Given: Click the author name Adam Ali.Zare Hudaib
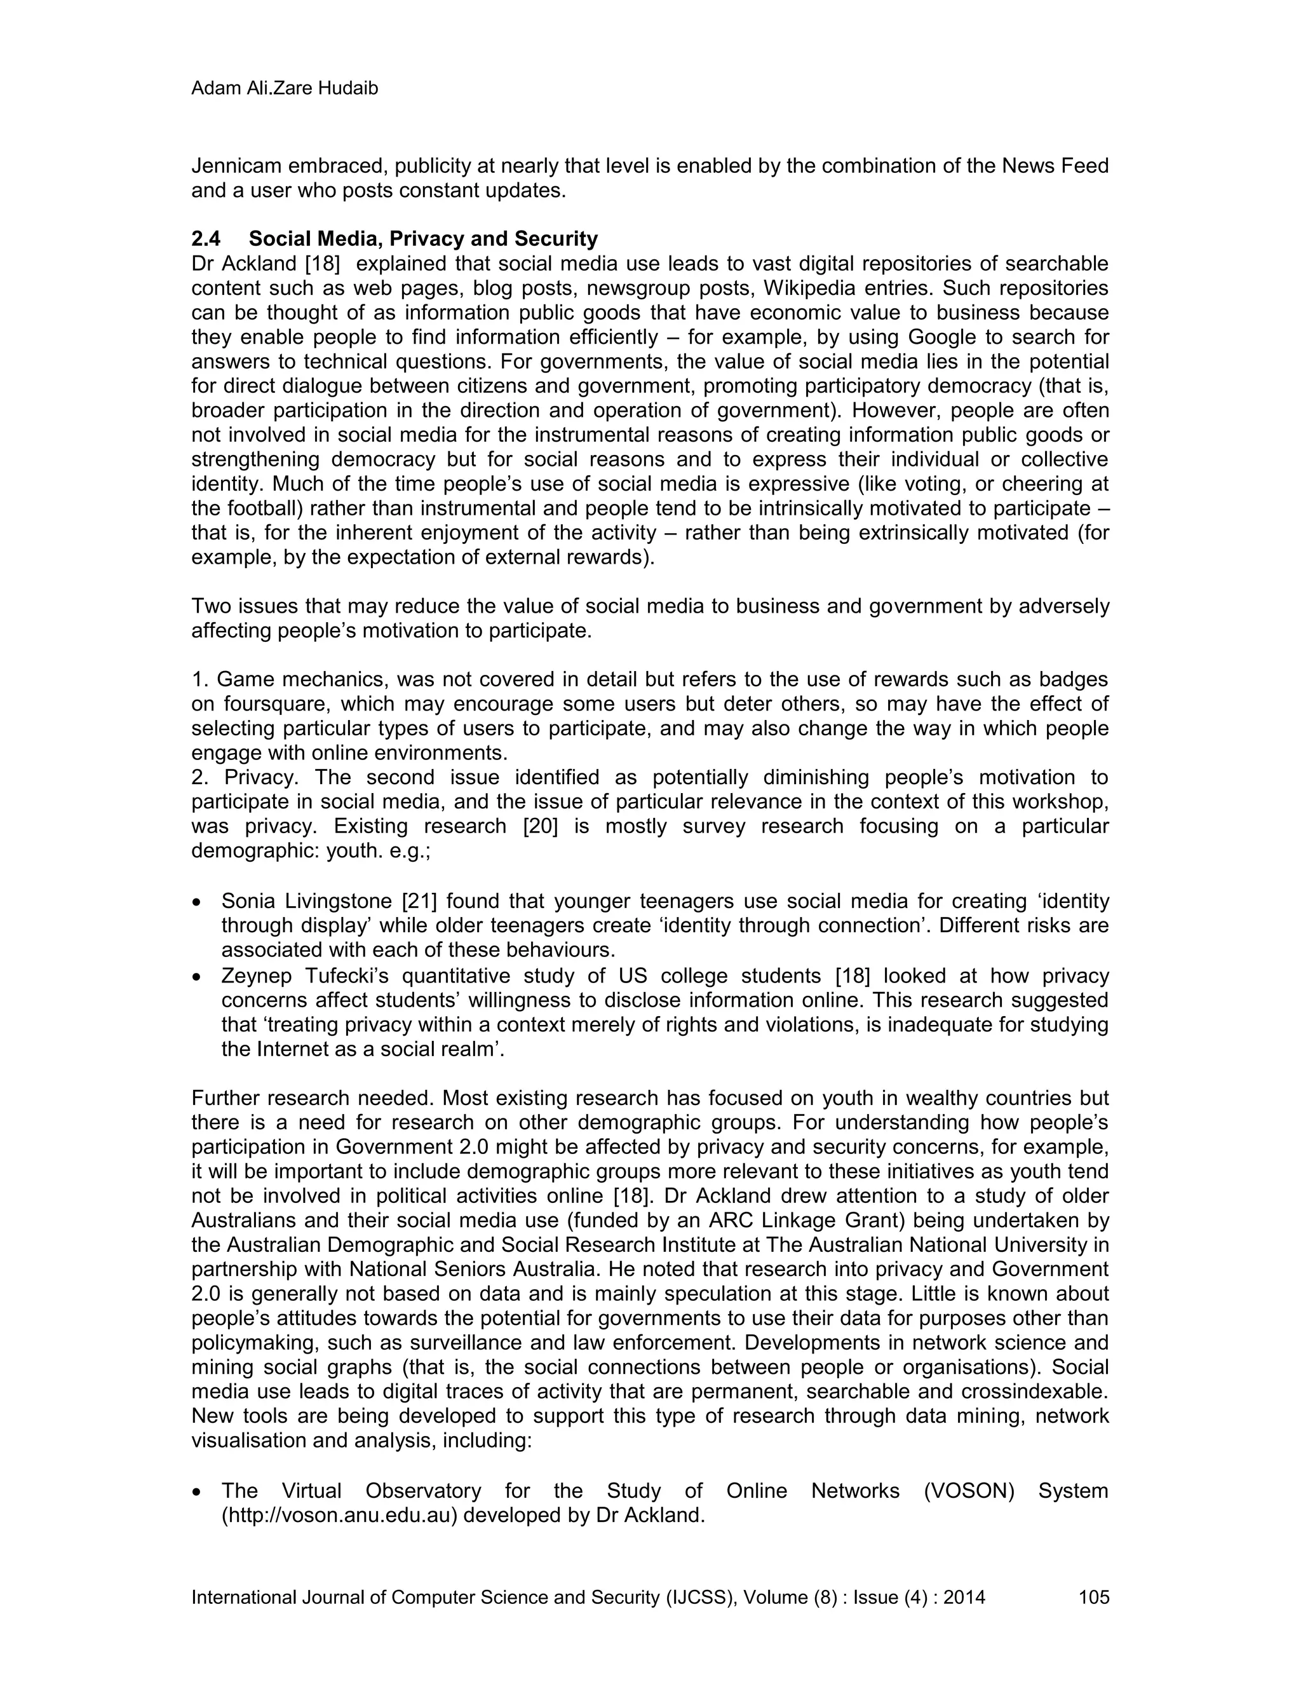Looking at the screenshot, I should tap(285, 90).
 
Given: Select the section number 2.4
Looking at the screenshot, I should tap(206, 239).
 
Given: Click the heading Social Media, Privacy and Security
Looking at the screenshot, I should tap(422, 239).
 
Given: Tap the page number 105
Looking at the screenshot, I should tap(1094, 1597).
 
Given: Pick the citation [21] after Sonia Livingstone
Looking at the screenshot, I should tap(419, 900).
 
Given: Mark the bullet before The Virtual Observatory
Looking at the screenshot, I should tap(198, 1492).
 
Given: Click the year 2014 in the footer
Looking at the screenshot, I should tap(964, 1597).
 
